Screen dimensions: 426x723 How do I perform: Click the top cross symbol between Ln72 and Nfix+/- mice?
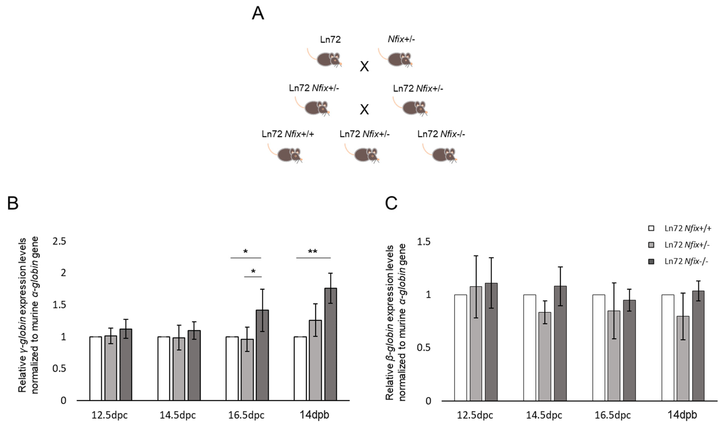tap(364, 67)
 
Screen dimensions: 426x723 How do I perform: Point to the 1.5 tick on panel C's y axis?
tap(423, 242)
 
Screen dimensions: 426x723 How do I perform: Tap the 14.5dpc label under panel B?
tap(178, 415)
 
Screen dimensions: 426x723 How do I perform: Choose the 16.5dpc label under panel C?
tap(612, 415)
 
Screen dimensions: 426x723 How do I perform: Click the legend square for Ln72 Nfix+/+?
tap(651, 228)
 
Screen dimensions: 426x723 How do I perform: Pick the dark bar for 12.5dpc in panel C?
tap(491, 342)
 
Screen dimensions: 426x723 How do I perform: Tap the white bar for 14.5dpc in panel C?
tap(529, 347)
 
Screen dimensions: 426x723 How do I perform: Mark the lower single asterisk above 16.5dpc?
tap(253, 271)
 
